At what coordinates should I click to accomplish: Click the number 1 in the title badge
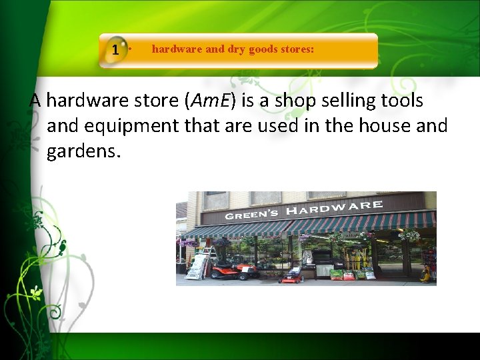pos(116,50)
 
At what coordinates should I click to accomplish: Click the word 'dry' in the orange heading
pos(235,49)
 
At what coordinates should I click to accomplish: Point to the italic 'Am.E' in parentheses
pos(210,101)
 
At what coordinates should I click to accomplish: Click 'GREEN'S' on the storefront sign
pos(252,215)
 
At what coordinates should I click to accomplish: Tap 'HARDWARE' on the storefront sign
pos(334,209)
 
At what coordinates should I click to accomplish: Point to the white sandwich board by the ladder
pos(196,267)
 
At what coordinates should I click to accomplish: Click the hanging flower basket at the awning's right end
pos(410,235)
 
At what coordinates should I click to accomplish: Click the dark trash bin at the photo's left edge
pos(181,267)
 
